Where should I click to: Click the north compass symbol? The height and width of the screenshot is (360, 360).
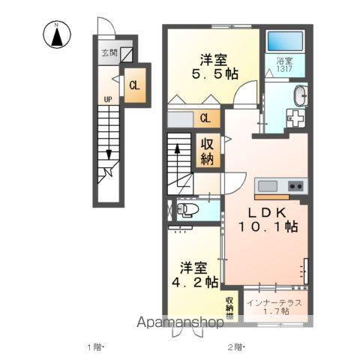pos(57,34)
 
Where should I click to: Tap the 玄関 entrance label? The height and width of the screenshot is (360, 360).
pos(109,52)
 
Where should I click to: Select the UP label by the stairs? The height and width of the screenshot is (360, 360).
pos(108,100)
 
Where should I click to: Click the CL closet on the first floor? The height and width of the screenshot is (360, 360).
pos(134,85)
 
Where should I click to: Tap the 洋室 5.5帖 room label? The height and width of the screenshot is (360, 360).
pos(214,67)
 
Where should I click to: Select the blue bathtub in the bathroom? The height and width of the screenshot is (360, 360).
pos(285,40)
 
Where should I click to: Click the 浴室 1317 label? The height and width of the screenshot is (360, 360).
pos(284,64)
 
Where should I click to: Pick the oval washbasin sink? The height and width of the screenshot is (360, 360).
pos(301,96)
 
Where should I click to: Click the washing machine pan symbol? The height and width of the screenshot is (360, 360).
pos(296,118)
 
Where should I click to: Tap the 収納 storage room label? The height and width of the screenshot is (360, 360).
pos(207,151)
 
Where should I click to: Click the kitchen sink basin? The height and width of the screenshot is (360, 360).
pos(268,186)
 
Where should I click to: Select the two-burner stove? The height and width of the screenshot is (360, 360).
pos(295,186)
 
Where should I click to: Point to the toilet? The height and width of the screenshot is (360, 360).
pos(187,209)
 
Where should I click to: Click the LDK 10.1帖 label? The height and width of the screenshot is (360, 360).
pos(268,220)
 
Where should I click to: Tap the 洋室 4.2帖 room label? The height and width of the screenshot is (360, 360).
pos(194,274)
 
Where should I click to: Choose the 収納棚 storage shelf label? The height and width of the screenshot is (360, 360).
pos(229,307)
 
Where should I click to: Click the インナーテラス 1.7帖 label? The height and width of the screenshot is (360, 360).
pos(274,307)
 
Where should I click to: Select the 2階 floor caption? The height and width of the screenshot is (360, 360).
pos(235,347)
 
